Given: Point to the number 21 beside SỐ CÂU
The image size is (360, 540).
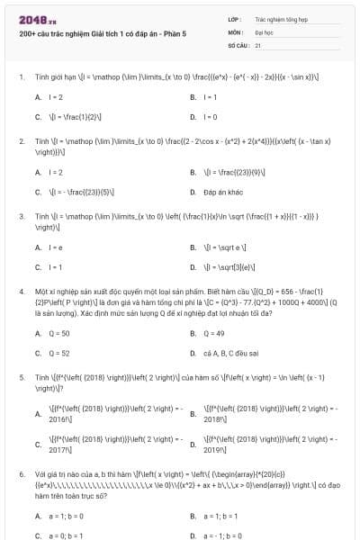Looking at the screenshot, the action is (x=257, y=43).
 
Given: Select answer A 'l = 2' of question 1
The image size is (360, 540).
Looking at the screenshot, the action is (x=55, y=96).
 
